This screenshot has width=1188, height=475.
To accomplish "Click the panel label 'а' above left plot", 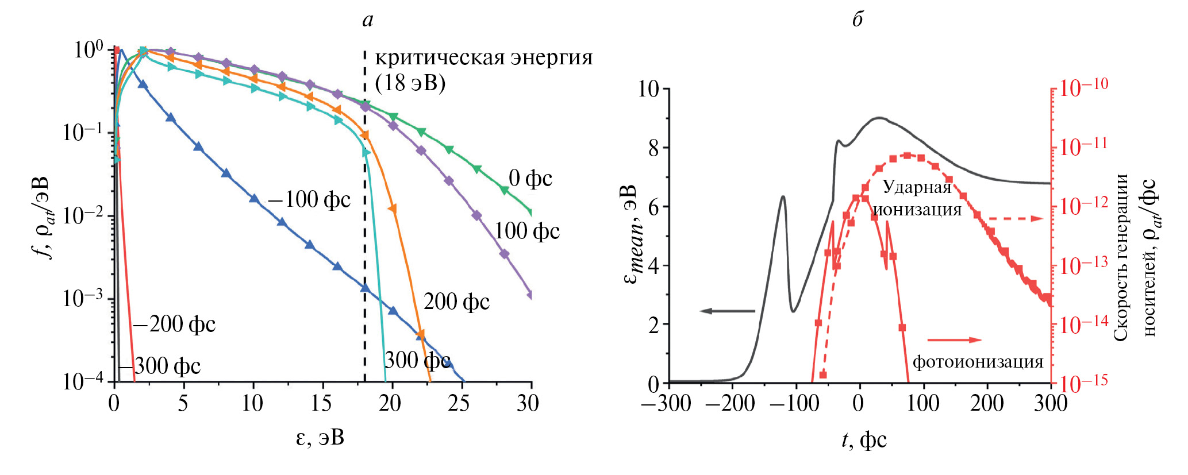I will pyautogui.click(x=367, y=21).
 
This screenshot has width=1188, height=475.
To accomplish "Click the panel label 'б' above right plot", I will pyautogui.click(x=857, y=20).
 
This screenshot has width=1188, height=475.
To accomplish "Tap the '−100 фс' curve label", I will pyautogui.click(x=309, y=200).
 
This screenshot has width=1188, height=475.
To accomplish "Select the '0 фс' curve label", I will pyautogui.click(x=530, y=179).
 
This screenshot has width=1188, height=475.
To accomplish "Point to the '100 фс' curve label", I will pyautogui.click(x=527, y=231).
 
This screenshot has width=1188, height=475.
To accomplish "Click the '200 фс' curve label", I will pyautogui.click(x=456, y=302).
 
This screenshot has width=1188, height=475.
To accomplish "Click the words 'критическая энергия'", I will pyautogui.click(x=483, y=58).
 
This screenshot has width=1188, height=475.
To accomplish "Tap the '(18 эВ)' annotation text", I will pyautogui.click(x=410, y=83).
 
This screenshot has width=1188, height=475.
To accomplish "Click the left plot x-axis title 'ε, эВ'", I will pyautogui.click(x=320, y=438).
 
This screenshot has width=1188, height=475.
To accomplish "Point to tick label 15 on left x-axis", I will pyautogui.click(x=321, y=403).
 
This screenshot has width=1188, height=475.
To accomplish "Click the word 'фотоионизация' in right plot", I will pyautogui.click(x=978, y=362).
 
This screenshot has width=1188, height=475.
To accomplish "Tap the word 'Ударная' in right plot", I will pyautogui.click(x=917, y=187).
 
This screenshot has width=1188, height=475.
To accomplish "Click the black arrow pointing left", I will pyautogui.click(x=727, y=311).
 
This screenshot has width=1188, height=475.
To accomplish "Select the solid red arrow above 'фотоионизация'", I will pyautogui.click(x=955, y=340).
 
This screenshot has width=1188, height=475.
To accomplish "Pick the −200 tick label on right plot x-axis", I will pyautogui.click(x=729, y=403).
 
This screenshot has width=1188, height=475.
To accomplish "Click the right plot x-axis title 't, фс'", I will pyautogui.click(x=864, y=440).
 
